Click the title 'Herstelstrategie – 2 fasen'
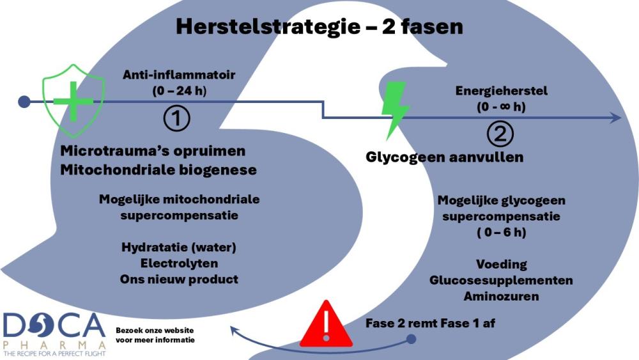click(319, 26)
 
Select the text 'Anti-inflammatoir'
click(179, 75)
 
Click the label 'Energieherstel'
click(502, 91)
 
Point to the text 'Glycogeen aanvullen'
click(445, 157)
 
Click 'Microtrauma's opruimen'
click(153, 152)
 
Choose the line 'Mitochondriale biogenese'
click(158, 169)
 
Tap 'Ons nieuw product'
click(179, 279)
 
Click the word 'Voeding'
click(502, 265)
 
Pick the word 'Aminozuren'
click(502, 297)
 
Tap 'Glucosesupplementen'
click(502, 281)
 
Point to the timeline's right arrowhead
click(616, 118)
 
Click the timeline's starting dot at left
click(24, 101)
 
